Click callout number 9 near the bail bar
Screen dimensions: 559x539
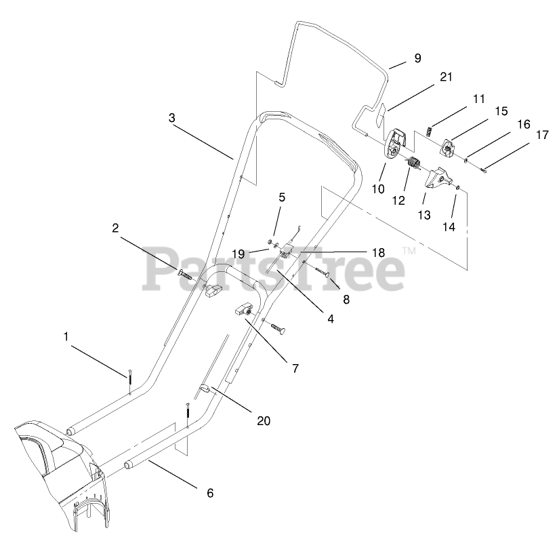point(417,58)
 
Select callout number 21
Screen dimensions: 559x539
point(445,77)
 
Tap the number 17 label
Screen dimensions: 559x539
point(541,135)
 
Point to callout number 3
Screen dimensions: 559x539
point(172,117)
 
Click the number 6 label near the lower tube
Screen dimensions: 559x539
point(209,494)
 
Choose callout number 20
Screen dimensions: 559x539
point(264,421)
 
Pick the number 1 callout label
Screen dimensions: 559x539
point(66,336)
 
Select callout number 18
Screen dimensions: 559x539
point(378,252)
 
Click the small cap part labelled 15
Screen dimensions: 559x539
point(449,145)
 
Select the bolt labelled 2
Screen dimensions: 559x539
point(186,274)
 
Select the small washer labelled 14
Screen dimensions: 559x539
point(459,187)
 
